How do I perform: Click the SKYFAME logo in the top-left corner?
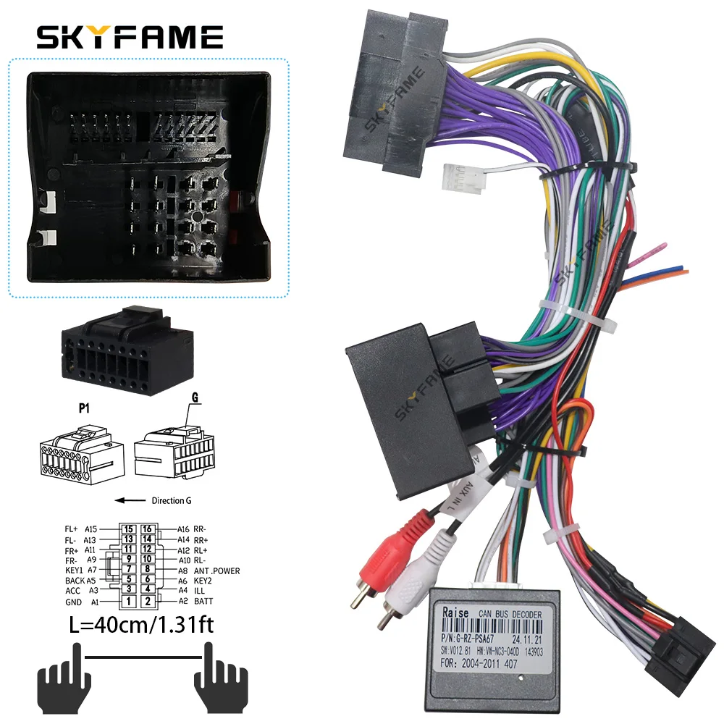[130, 36]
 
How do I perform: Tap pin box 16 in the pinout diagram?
[147, 529]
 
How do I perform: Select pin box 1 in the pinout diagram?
[128, 601]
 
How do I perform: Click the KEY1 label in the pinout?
[75, 571]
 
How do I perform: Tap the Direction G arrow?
[130, 500]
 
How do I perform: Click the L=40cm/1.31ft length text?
[130, 625]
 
